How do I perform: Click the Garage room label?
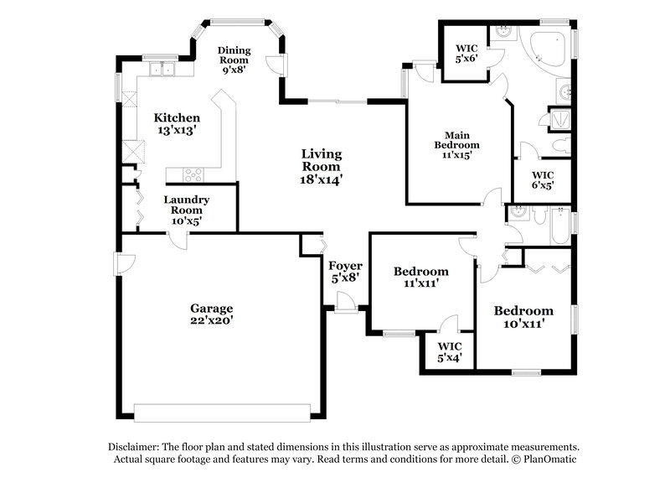(x=211, y=314)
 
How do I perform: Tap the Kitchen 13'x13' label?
(x=177, y=124)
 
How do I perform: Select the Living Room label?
(x=322, y=166)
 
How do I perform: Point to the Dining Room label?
(x=234, y=60)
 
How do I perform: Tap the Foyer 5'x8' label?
(x=345, y=273)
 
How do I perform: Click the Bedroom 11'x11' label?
(x=420, y=278)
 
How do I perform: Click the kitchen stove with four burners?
(x=193, y=174)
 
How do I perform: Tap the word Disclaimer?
(x=134, y=447)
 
